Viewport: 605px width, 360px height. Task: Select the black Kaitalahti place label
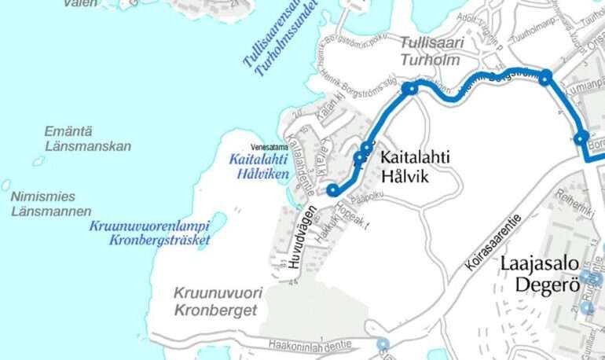[x=416, y=158]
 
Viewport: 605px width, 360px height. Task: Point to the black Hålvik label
[x=405, y=177]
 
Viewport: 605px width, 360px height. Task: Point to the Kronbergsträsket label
[x=160, y=241]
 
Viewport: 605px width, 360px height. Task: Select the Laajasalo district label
[x=542, y=266]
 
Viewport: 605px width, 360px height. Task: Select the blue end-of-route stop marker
[x=333, y=190]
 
